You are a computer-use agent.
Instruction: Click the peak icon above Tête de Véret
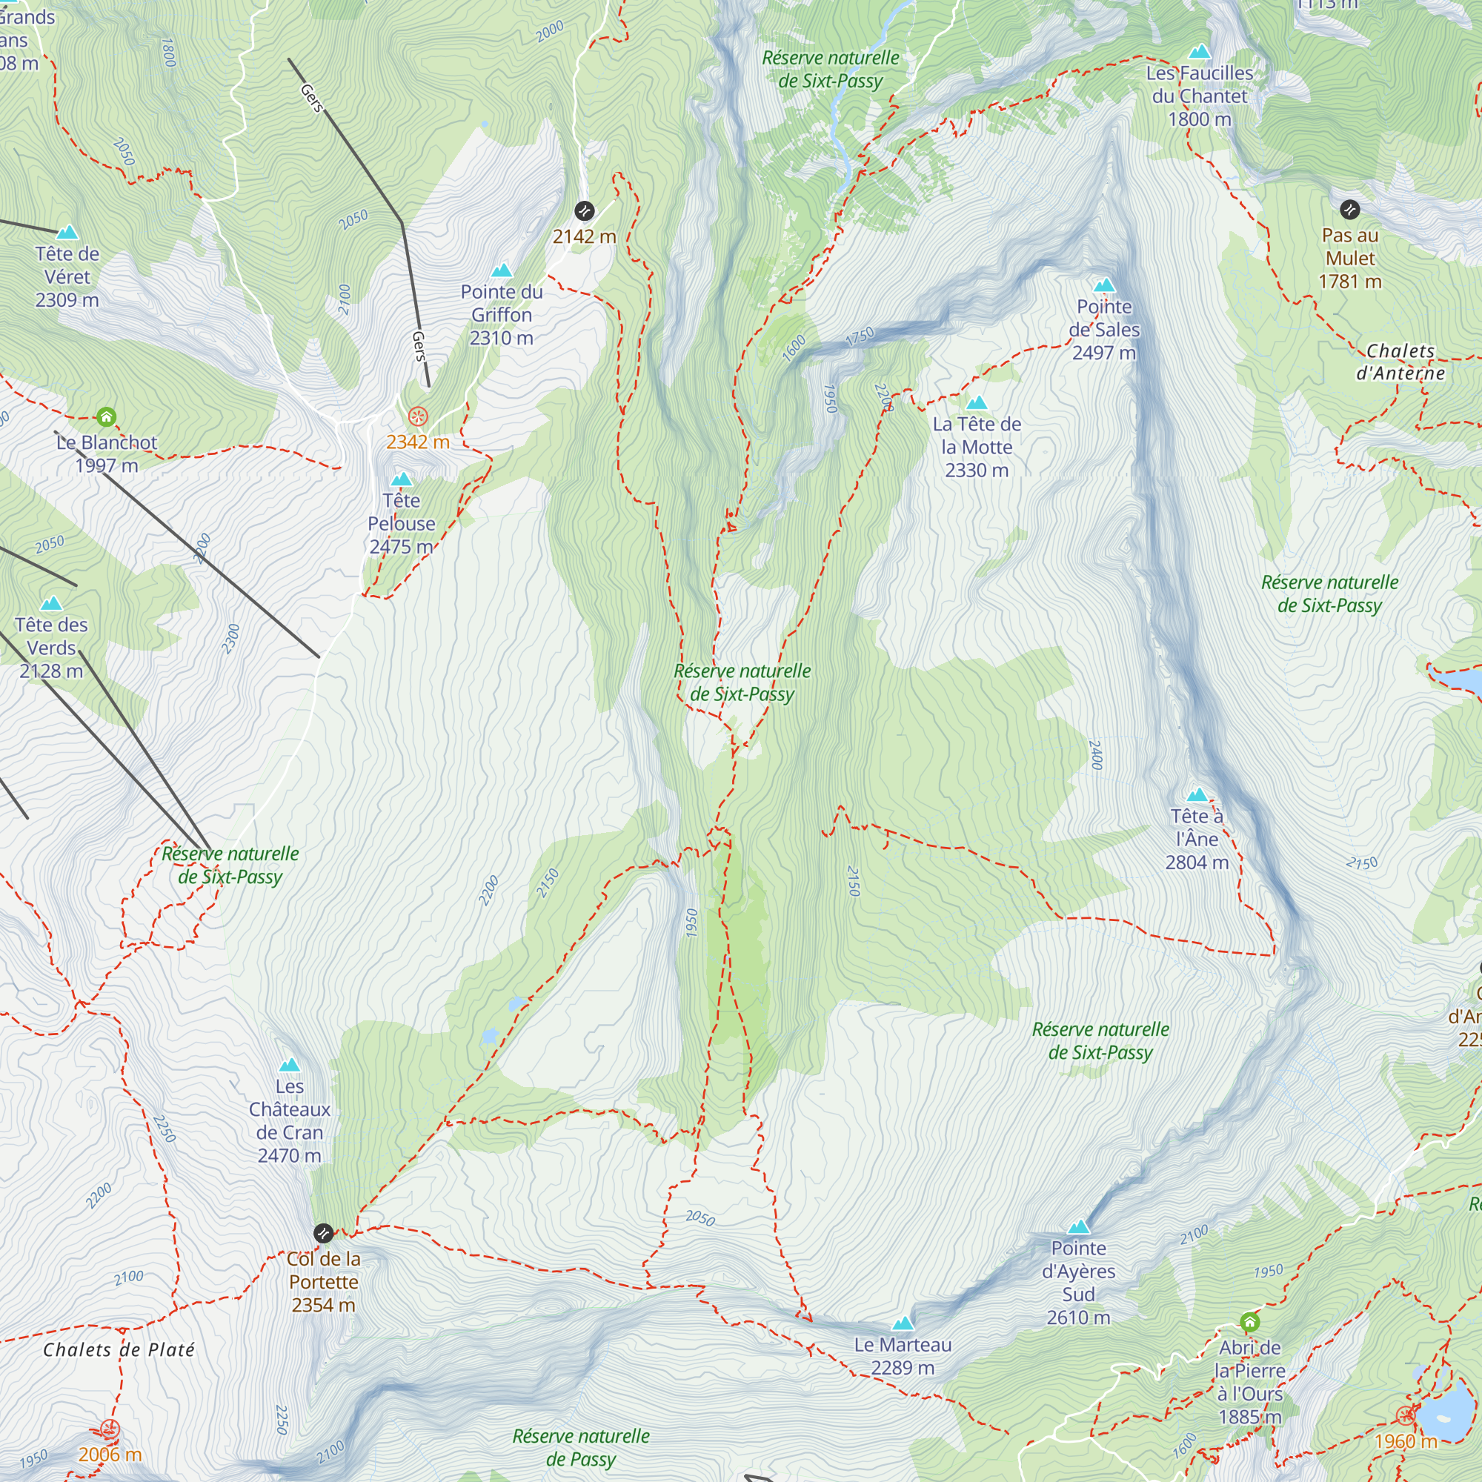tap(67, 232)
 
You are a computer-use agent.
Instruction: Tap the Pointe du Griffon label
tap(501, 314)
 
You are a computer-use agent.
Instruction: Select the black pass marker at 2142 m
tap(585, 210)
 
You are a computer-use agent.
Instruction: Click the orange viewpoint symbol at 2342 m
tap(417, 416)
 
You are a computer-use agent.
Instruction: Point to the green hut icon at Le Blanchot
tap(106, 416)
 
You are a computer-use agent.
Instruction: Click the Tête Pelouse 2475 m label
tap(401, 523)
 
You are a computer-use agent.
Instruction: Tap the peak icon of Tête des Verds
tap(51, 604)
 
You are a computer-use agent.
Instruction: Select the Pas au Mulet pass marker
tap(1349, 209)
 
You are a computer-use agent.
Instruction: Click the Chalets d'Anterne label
tap(1400, 362)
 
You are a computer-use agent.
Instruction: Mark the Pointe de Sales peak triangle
tap(1104, 285)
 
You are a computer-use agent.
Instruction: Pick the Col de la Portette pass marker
tap(323, 1233)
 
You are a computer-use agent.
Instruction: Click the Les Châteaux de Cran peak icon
tap(289, 1065)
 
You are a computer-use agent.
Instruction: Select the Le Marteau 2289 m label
tap(902, 1355)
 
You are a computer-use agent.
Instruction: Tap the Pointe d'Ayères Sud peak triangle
tap(1078, 1226)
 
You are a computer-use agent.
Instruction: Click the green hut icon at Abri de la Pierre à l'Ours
tap(1249, 1322)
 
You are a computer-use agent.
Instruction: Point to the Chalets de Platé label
tap(119, 1349)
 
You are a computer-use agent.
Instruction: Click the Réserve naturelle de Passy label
tap(581, 1446)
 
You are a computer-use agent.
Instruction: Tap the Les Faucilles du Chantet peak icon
tap(1199, 51)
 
